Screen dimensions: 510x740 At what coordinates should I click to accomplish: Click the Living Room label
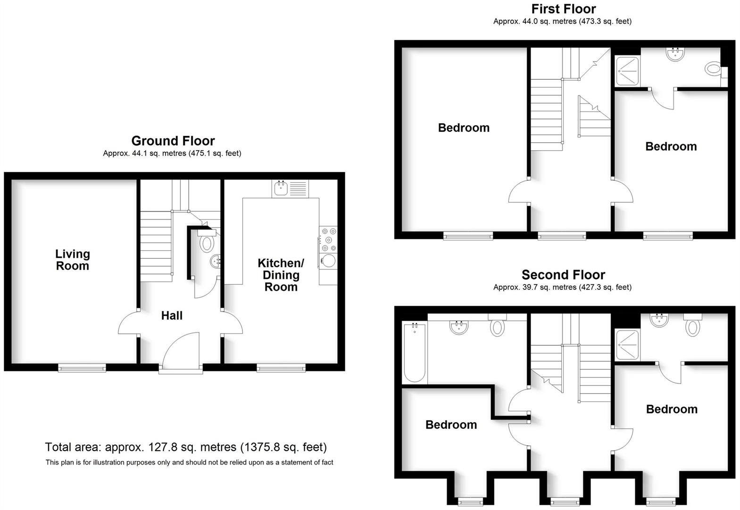coord(72,260)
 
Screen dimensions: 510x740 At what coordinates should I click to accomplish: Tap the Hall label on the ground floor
coord(172,315)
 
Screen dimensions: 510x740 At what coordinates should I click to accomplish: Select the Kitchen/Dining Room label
coord(281,275)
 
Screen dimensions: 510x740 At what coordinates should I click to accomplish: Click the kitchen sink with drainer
coord(290,188)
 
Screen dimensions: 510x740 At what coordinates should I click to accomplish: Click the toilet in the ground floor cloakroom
coord(207,243)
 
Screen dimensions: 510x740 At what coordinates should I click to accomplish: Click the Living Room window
coord(82,367)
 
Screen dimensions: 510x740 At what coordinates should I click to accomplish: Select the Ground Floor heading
coord(173,141)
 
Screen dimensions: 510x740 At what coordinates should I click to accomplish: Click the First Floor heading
coord(563,8)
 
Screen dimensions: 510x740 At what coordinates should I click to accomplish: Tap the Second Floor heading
coord(563,274)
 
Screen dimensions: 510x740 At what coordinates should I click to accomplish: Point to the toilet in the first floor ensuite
coord(713,69)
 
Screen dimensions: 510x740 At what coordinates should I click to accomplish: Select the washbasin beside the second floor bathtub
coord(458,327)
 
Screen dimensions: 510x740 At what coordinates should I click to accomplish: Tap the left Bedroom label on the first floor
coord(464,127)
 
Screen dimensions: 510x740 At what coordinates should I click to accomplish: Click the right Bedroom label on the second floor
coord(671,409)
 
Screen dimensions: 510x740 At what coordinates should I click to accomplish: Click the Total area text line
coord(186,447)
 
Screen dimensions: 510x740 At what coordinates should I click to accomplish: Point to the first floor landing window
coord(562,235)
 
